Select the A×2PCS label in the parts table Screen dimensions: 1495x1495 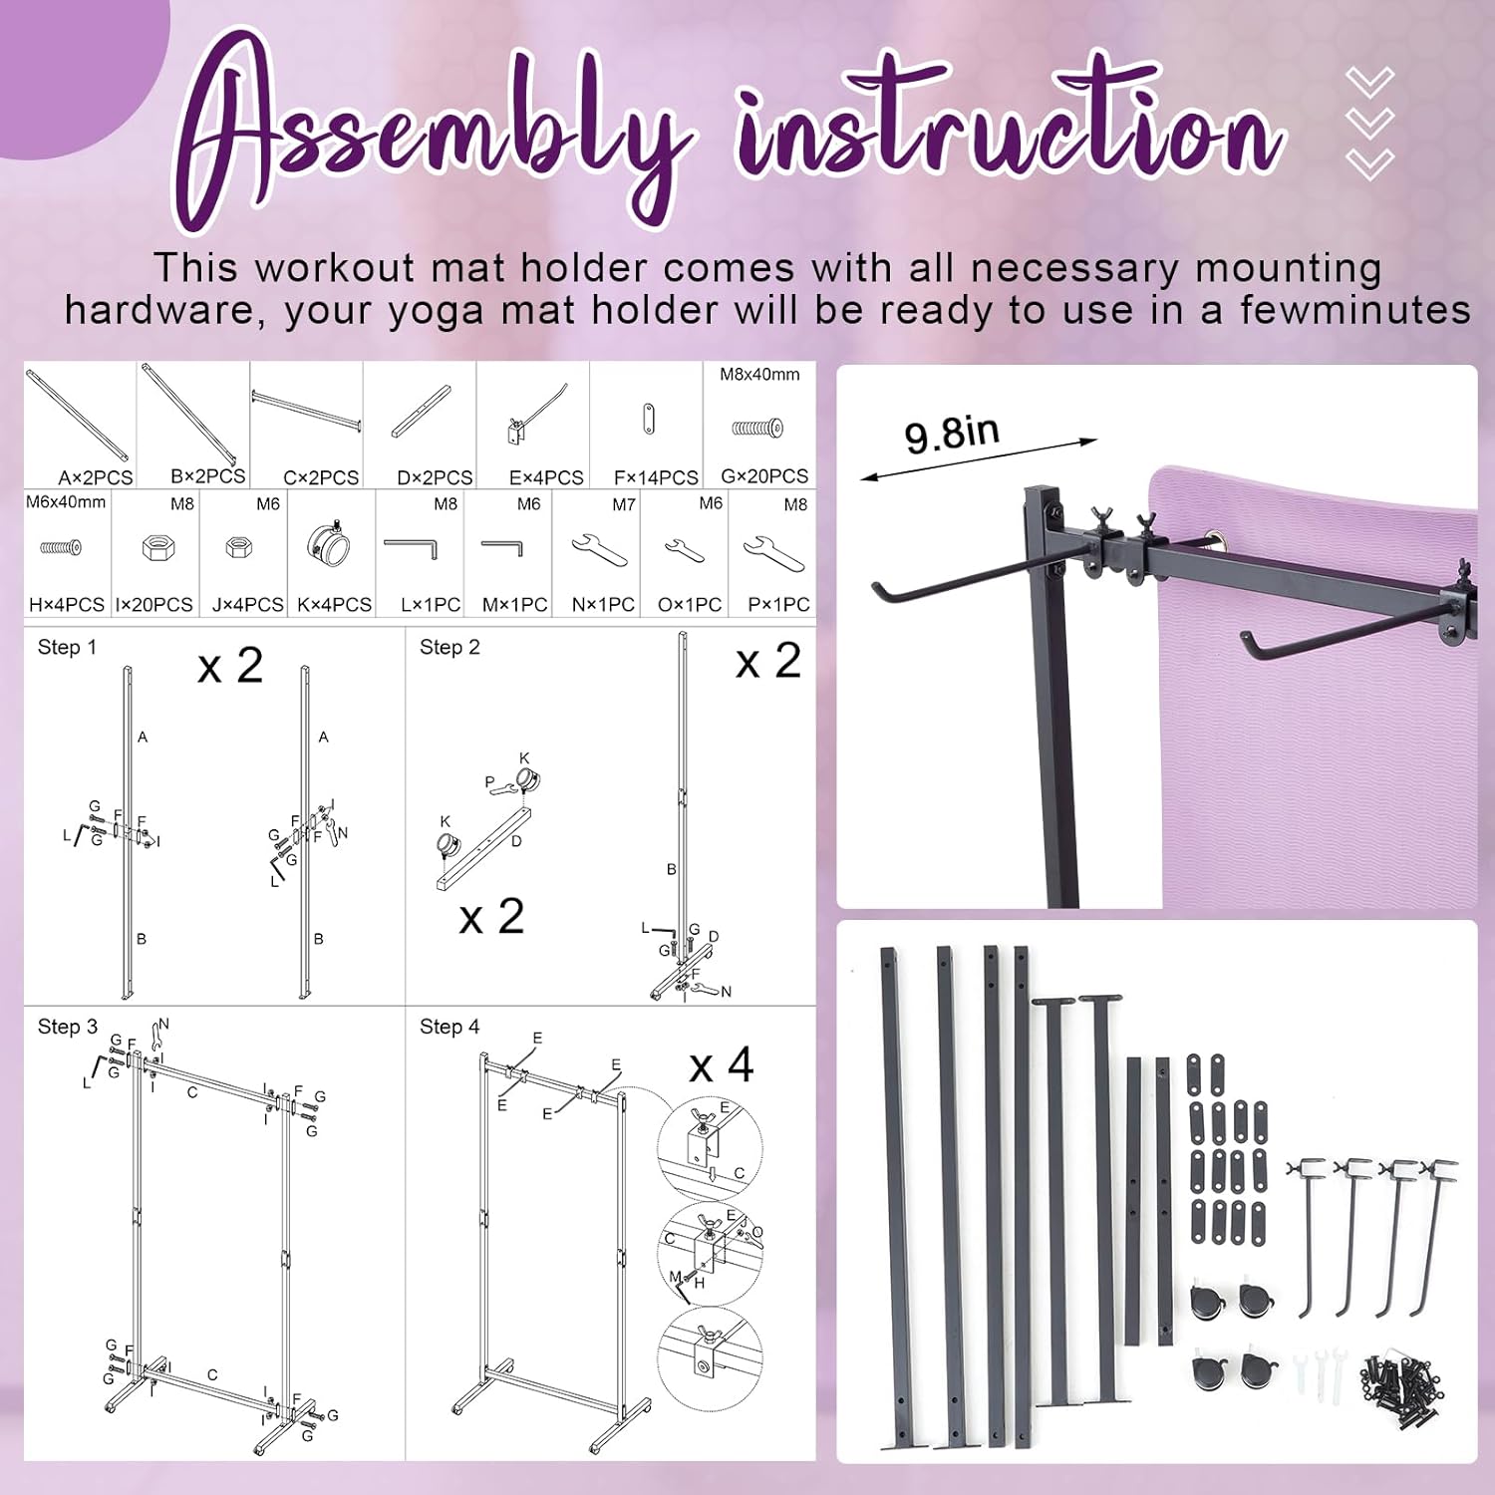95,477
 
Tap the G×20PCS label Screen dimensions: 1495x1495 764,476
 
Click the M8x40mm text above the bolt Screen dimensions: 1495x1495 759,375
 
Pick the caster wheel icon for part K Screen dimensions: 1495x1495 330,543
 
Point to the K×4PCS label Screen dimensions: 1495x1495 334,605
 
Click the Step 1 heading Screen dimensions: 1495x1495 67,648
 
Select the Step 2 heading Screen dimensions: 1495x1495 449,648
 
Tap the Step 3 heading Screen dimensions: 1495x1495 68,1027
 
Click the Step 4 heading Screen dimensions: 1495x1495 449,1027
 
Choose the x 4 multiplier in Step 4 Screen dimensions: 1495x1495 722,1066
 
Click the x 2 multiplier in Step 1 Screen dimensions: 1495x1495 230,666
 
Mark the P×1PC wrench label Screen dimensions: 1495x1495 778,605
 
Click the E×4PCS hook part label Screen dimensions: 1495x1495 546,477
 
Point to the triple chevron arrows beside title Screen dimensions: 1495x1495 1368,123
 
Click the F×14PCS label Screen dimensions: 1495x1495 656,477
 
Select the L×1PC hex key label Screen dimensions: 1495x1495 431,605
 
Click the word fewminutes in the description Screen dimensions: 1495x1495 1354,310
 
